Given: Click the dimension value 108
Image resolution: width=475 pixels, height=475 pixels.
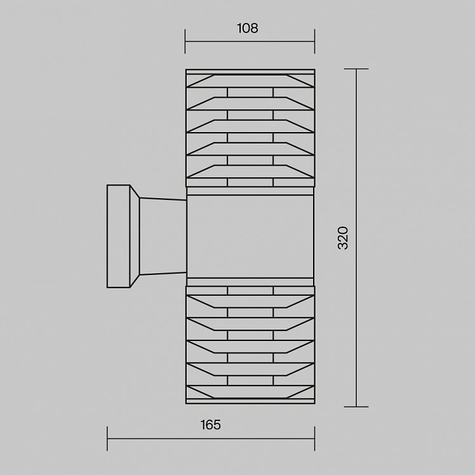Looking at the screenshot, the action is tap(247, 28).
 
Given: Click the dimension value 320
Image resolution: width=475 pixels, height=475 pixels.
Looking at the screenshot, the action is tap(343, 237).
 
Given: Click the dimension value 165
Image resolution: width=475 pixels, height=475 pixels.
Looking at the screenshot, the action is tap(211, 425).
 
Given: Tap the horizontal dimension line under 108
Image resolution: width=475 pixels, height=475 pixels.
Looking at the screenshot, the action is tap(250, 41).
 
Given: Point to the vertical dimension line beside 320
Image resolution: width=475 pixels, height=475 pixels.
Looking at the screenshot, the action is tap(356, 237).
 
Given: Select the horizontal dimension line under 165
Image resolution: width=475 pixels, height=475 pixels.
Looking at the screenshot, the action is tap(211, 438).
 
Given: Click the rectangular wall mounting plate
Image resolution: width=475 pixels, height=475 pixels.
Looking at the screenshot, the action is tap(119, 236).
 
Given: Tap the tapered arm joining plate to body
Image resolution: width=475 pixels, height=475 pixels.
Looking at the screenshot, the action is tap(163, 236).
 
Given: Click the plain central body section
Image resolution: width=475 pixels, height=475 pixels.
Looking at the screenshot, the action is tap(250, 236).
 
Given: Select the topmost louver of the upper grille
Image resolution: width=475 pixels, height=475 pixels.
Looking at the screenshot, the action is tap(250, 81).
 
